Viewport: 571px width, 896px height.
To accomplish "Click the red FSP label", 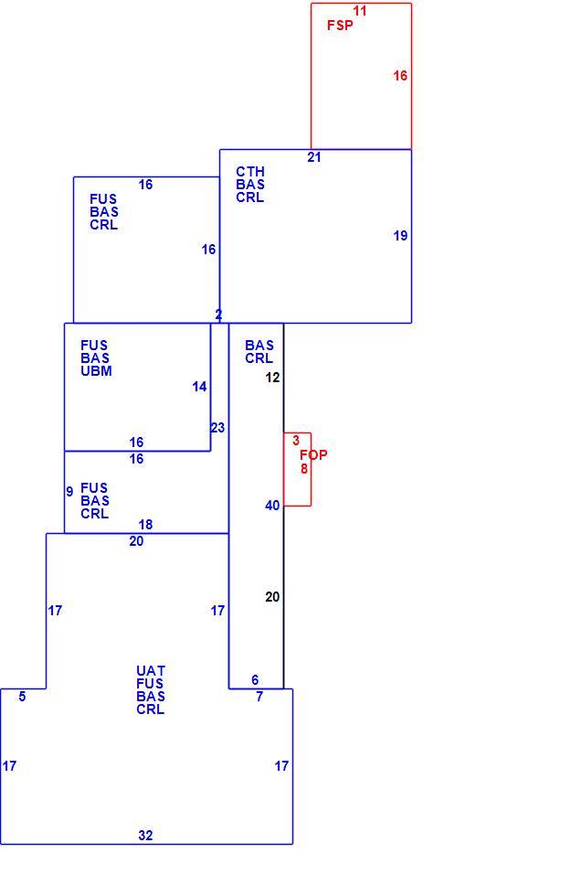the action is (340, 26).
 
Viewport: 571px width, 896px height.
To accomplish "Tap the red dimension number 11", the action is (360, 11).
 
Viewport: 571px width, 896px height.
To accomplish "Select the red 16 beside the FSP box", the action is (400, 75).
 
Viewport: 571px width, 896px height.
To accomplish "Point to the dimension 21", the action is (314, 157).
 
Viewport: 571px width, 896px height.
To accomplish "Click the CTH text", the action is (250, 172).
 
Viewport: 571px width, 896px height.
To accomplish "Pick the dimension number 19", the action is (400, 236).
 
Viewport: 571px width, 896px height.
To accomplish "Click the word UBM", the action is (96, 371).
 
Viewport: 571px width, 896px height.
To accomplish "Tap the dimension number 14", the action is (199, 387).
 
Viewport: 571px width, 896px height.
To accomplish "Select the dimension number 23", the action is (217, 428).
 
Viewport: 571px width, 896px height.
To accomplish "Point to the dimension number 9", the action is (69, 492).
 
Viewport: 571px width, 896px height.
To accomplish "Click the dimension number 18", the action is (145, 525).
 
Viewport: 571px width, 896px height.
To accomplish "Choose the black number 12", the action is (273, 378).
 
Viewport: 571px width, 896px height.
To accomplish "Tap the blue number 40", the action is (272, 506).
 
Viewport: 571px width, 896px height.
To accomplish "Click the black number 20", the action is (272, 597).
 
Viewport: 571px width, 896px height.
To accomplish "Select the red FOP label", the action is (313, 455).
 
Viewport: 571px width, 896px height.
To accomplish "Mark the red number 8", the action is (304, 468).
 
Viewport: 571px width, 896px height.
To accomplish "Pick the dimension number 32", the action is (145, 836).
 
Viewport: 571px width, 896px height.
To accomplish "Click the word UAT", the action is (151, 671).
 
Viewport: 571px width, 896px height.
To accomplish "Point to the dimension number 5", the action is (22, 697).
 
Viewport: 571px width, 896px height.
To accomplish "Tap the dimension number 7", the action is (259, 697).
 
